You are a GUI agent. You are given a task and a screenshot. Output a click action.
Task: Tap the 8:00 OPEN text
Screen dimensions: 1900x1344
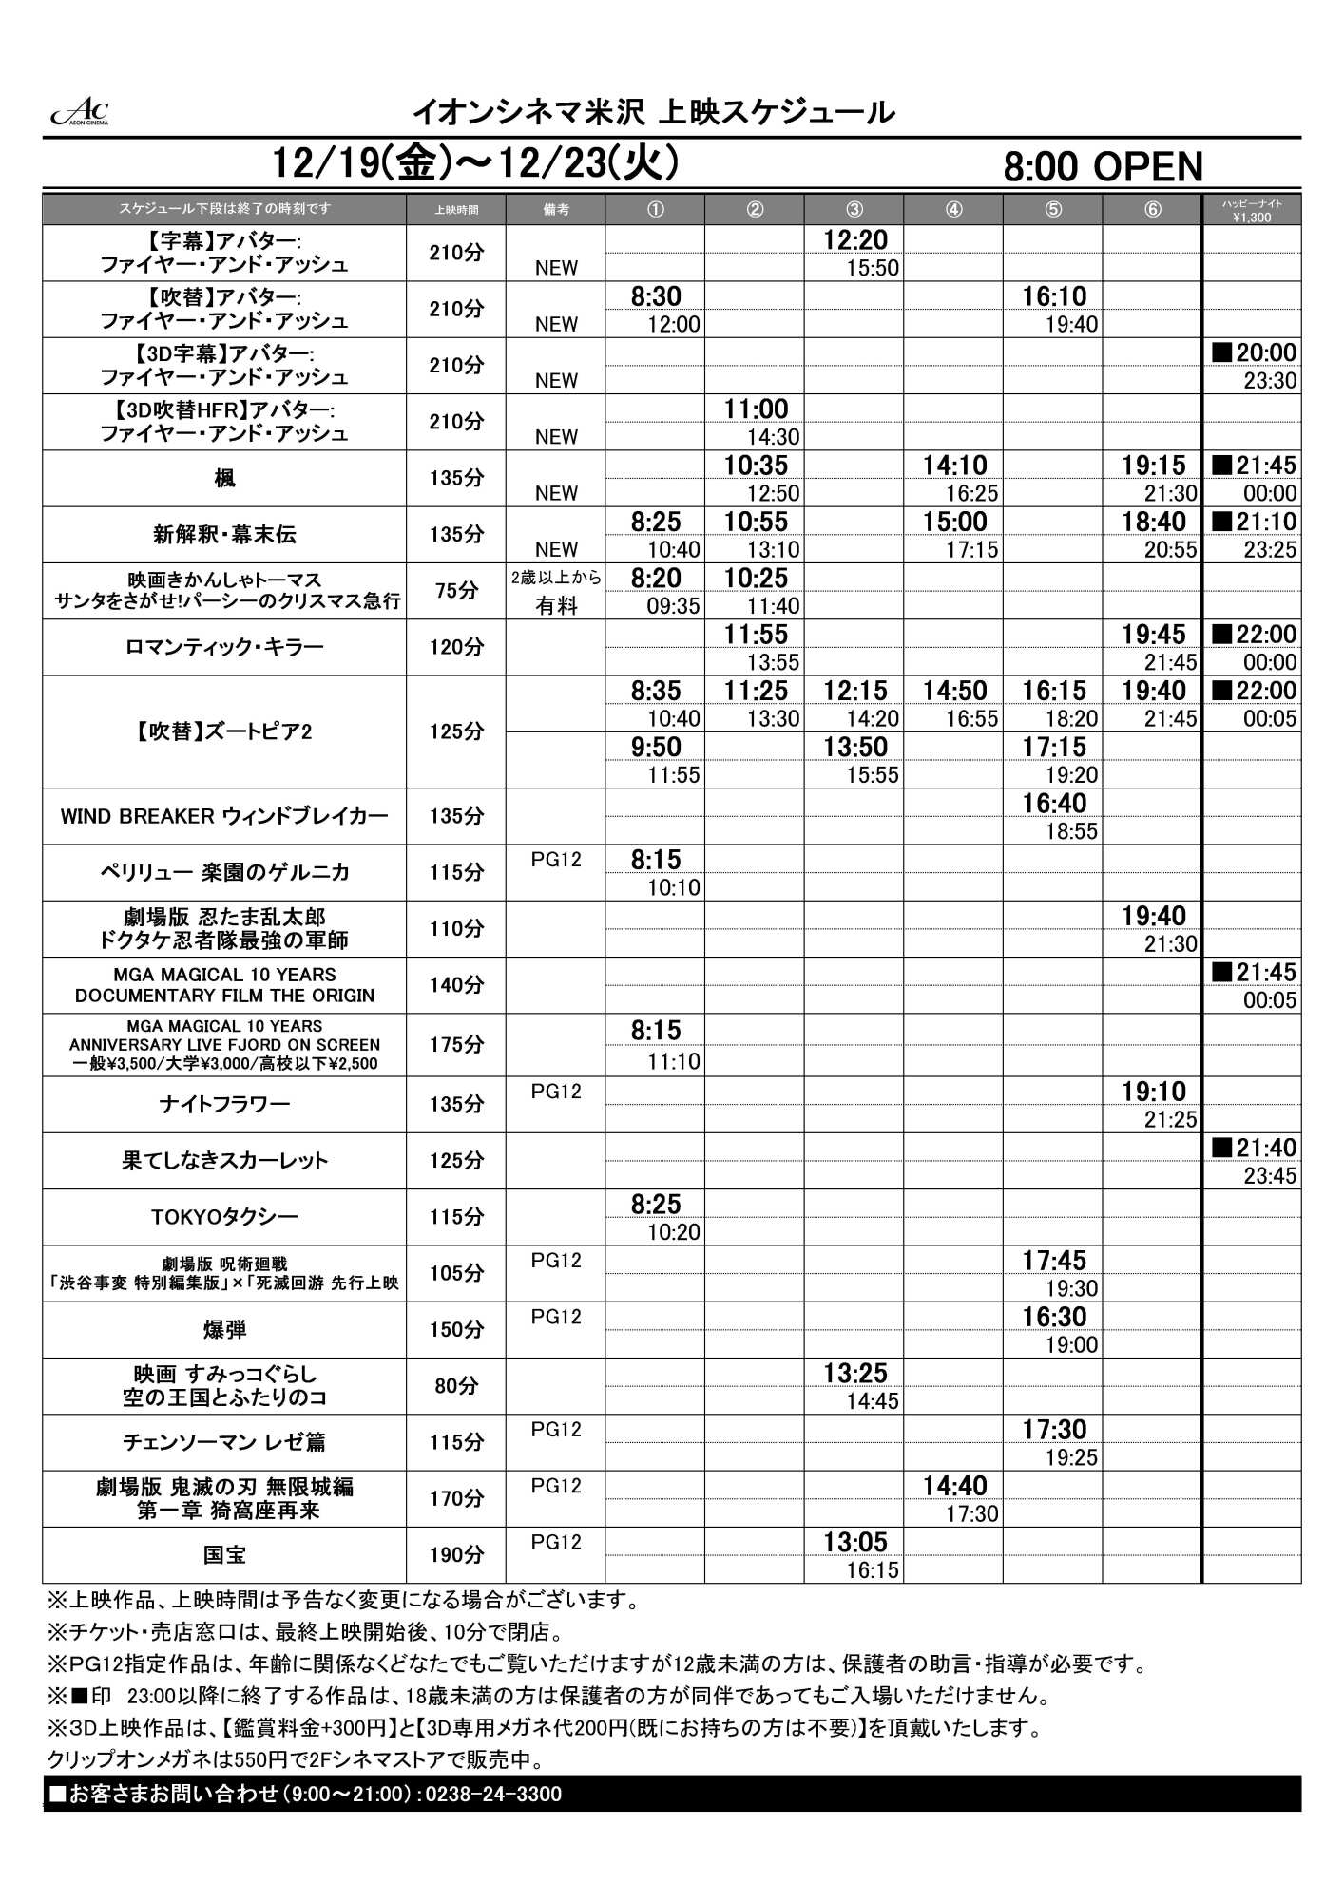1103,167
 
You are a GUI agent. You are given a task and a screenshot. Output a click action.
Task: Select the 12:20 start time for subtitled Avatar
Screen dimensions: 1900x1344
855,240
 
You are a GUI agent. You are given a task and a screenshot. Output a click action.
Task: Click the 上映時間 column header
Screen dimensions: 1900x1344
456,210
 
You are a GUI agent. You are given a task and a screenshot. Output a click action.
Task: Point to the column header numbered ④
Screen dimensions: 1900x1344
953,210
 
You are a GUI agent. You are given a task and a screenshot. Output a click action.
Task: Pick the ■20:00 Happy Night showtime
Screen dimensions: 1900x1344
1254,353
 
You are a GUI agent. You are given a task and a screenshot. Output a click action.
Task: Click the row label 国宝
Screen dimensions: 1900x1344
224,1555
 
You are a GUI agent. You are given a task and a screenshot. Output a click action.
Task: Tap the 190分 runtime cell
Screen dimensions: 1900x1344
456,1555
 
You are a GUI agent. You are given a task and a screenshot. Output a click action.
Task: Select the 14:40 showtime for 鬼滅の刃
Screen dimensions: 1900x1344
954,1486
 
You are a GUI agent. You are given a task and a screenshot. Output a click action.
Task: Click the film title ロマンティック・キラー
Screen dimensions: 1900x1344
224,648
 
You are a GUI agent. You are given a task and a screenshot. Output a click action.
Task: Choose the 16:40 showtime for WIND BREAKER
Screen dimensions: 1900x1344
1054,804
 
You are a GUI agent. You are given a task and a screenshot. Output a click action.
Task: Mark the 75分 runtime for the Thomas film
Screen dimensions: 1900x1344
456,591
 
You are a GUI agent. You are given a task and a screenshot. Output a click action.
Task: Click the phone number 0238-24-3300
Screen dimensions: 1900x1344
494,1795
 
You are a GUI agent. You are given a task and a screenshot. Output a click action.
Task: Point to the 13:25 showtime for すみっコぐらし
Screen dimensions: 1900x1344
855,1374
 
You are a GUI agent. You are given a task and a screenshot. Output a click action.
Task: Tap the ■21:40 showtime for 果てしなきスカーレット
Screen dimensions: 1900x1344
1254,1148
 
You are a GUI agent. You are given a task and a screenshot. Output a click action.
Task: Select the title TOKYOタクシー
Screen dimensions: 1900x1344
224,1217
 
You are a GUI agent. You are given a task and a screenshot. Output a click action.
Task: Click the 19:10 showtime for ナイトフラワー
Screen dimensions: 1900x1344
1154,1092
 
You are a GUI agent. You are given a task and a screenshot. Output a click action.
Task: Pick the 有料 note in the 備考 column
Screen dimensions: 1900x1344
556,606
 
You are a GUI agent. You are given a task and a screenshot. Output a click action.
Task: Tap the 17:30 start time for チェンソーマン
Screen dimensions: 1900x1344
1054,1430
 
